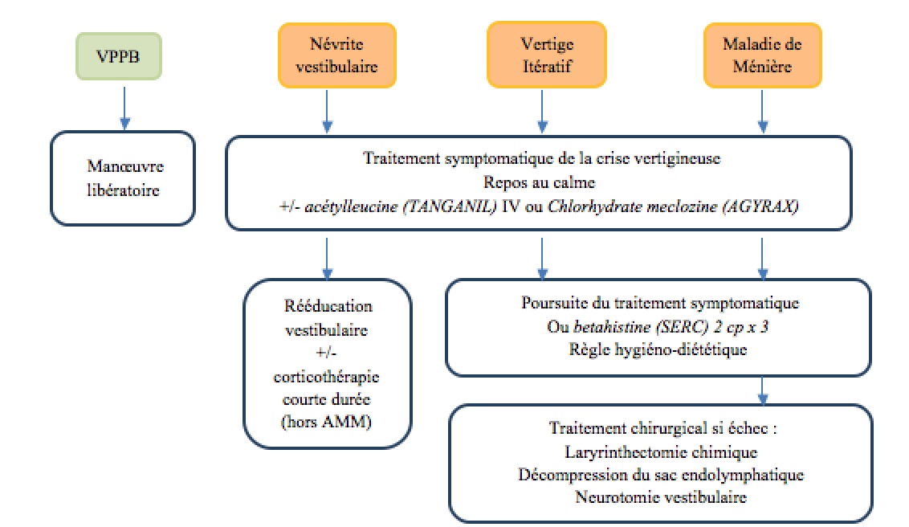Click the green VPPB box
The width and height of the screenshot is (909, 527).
coord(119,56)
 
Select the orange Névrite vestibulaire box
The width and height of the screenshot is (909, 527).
coord(336,55)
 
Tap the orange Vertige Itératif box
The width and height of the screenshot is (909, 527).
coord(547,55)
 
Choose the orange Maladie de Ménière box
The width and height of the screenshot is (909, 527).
coord(762,55)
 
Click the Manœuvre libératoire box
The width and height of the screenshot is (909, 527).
coord(123,178)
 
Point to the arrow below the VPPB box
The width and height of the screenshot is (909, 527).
coord(124,108)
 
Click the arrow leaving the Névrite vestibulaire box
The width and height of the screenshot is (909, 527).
coord(327,112)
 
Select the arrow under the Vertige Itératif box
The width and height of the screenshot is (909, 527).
coord(542,112)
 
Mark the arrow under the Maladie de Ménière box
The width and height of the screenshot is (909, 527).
coord(762,112)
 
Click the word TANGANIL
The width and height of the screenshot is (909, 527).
coord(450,206)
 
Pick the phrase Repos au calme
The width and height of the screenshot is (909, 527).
coord(539,182)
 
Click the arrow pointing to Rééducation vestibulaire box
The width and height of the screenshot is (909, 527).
coord(327,259)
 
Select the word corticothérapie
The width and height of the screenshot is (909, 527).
coord(326,377)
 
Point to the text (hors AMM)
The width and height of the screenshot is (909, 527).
coord(326,422)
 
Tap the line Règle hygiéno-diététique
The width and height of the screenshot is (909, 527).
coord(658,349)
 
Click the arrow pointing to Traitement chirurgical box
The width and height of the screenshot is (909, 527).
coord(762,390)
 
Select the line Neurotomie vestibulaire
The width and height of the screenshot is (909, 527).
coord(661,497)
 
